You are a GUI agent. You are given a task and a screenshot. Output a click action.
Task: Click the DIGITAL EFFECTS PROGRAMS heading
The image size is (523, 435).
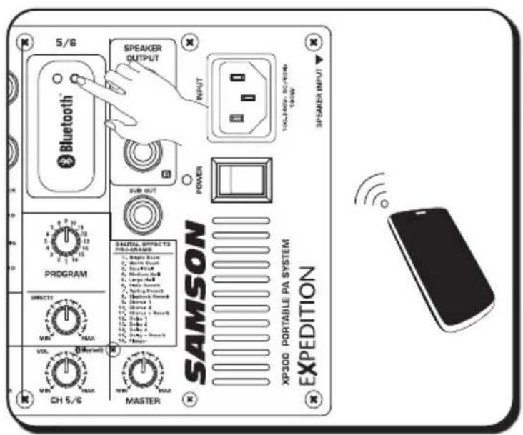click(134, 247)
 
